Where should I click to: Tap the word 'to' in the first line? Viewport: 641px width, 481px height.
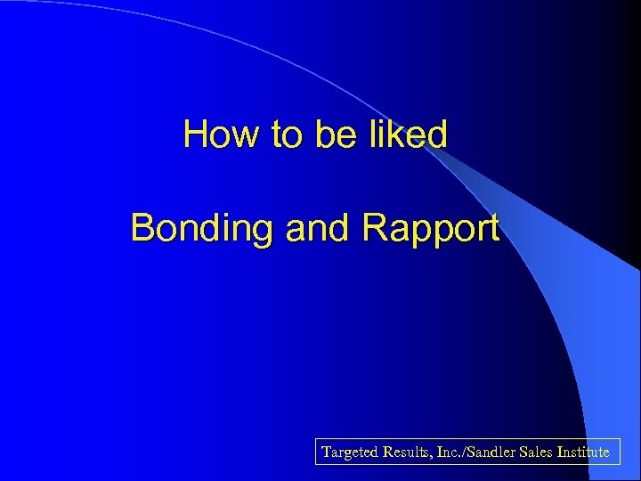tap(288, 135)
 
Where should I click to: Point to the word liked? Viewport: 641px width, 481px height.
tap(409, 135)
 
